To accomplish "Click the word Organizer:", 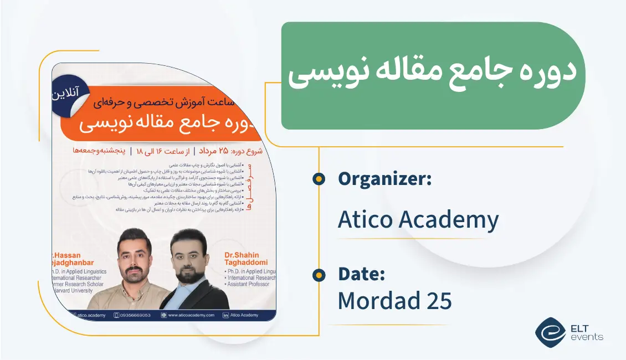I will pos(384,179).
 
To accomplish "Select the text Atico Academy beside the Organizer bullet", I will pos(418,220).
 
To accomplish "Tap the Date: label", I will pos(361,274).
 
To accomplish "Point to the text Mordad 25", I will pos(394,301).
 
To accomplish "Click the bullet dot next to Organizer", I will pos(319,178).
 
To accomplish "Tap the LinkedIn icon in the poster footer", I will pos(225,315).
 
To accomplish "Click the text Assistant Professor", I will pos(248,284).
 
